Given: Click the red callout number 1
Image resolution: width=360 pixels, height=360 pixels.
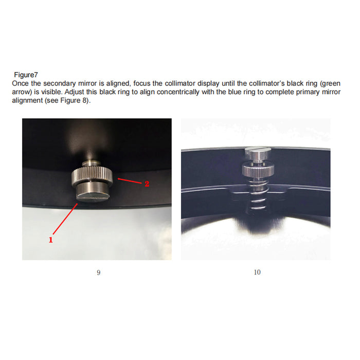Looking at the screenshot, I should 51,240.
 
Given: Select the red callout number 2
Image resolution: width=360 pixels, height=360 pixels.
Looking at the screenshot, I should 147,184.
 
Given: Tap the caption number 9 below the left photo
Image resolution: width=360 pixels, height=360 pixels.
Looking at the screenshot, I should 98,273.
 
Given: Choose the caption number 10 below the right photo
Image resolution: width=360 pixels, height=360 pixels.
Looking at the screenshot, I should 257,273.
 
